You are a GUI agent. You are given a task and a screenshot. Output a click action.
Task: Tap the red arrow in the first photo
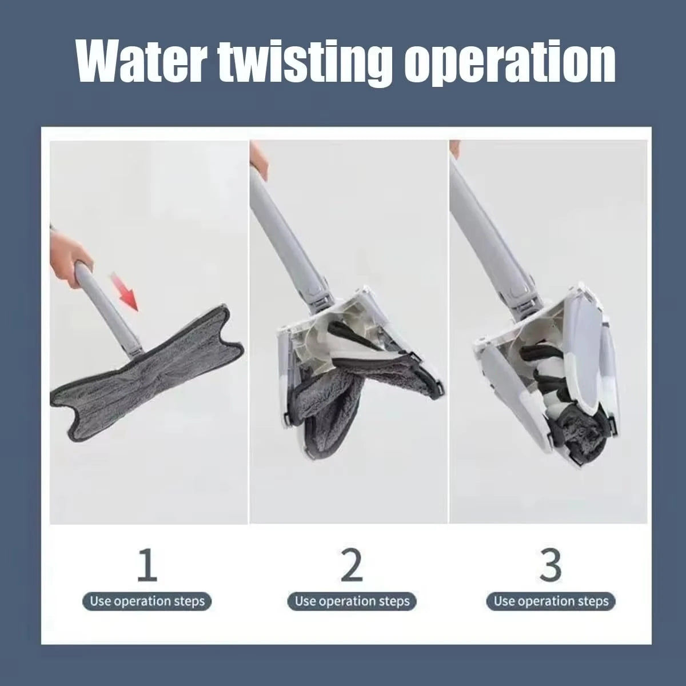[124, 290]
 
